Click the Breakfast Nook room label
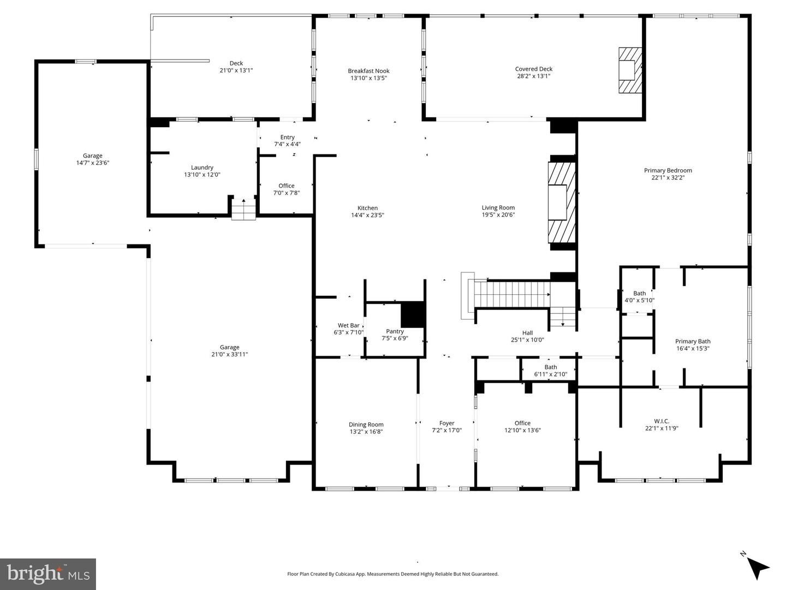(368, 71)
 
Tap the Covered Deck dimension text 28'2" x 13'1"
(533, 76)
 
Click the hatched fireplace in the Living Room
(562, 202)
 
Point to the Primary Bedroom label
(668, 170)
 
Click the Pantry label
(395, 331)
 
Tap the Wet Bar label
(348, 325)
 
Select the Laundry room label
(202, 168)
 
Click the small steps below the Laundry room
(243, 210)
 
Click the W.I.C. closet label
(661, 421)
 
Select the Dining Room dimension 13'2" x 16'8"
(366, 432)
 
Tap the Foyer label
(446, 423)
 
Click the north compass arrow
(757, 568)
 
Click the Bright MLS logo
(48, 574)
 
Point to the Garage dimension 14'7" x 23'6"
(92, 163)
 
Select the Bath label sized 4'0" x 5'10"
(639, 293)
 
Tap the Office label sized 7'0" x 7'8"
(286, 186)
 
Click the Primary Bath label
(693, 342)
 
